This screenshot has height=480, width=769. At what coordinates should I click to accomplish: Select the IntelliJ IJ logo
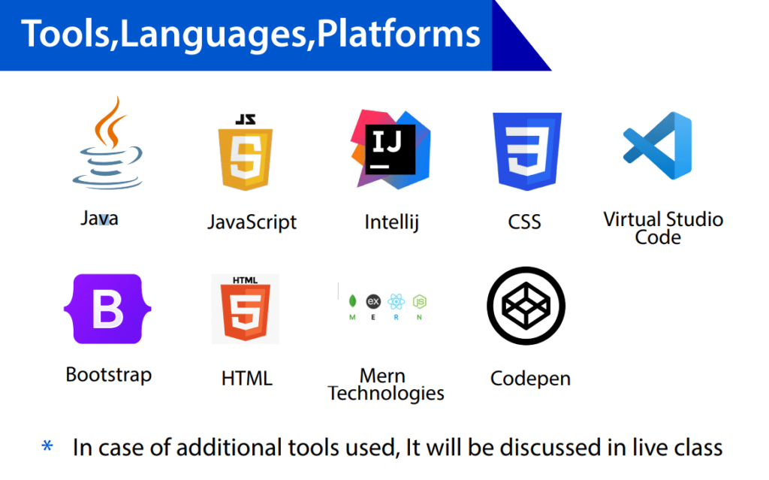pyautogui.click(x=389, y=149)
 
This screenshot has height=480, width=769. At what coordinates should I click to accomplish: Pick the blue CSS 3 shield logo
pyautogui.click(x=526, y=151)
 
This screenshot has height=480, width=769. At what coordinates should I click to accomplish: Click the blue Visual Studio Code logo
pyautogui.click(x=658, y=146)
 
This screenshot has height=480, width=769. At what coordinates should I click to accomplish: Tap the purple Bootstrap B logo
pyautogui.click(x=107, y=309)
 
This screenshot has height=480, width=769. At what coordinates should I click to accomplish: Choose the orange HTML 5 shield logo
pyautogui.click(x=245, y=309)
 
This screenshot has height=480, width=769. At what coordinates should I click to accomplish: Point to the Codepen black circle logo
pyautogui.click(x=526, y=306)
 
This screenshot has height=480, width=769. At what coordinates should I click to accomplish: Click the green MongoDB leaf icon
pyautogui.click(x=352, y=301)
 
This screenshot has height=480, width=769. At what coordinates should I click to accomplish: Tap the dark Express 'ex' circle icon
pyautogui.click(x=373, y=301)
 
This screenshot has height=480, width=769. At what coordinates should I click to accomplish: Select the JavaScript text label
pyautogui.click(x=252, y=222)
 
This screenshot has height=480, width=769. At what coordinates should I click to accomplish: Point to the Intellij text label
pyautogui.click(x=391, y=222)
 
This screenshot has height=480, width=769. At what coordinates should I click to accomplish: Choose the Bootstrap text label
pyautogui.click(x=108, y=374)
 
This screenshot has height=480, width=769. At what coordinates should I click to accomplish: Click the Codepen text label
pyautogui.click(x=530, y=378)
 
